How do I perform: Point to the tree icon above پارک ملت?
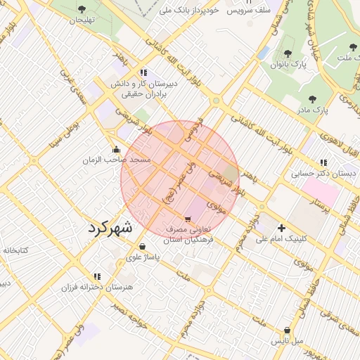352,48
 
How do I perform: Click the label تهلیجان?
81,20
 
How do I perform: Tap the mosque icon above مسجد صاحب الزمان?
115,150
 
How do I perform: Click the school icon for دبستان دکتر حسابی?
323,162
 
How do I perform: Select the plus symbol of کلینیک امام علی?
281,228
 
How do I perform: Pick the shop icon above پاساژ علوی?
143,247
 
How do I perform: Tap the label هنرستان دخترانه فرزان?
97,288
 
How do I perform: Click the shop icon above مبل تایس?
287,330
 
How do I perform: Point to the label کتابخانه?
14,250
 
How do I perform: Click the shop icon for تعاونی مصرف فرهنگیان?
187,219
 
